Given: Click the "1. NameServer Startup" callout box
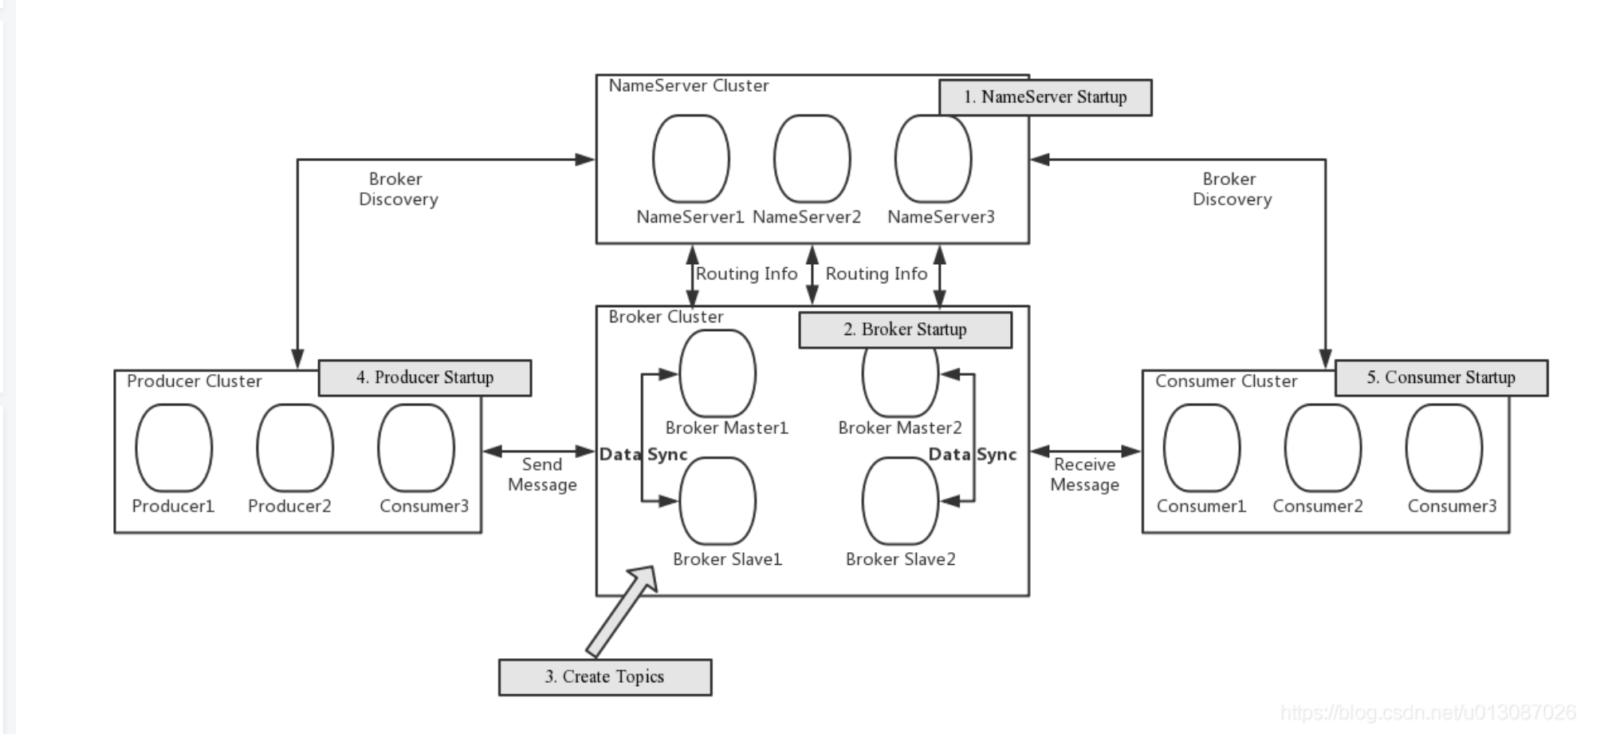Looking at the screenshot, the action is (1045, 97).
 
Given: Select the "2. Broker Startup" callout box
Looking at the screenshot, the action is (906, 330).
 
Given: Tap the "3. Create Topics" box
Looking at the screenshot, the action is (605, 677).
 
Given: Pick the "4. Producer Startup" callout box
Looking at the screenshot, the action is (425, 377).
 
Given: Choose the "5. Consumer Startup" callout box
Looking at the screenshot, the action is (1441, 377).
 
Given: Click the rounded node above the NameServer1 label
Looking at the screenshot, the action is (691, 159).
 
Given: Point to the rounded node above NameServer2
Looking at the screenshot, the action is (812, 159).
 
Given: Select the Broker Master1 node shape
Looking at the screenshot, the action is (718, 373).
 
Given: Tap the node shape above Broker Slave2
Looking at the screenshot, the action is (901, 501).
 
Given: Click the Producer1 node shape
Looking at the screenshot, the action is (174, 448).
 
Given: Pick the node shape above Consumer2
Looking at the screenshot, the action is (1323, 448).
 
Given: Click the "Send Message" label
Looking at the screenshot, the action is (542, 475).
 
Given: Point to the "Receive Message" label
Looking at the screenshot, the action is (1085, 475).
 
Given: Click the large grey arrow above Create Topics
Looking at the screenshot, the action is (622, 610).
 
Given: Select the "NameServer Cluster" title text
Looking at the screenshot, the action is (689, 86).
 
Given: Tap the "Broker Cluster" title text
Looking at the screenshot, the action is (666, 317).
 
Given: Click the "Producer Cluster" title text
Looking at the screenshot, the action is (195, 381).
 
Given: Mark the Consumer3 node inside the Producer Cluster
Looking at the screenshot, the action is (416, 448).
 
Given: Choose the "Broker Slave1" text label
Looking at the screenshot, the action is (727, 559).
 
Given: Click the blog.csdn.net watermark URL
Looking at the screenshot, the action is (1428, 712).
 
